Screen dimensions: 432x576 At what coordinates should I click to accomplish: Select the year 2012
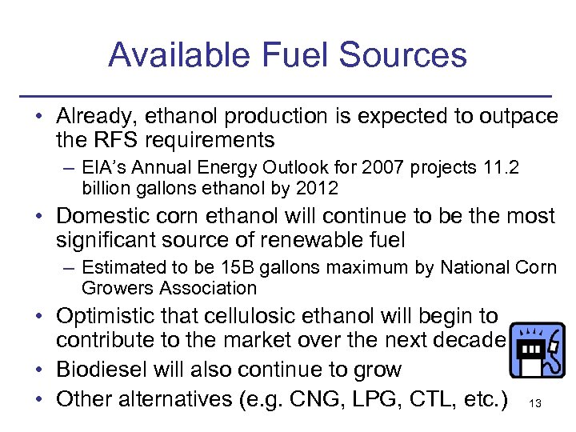[x=318, y=189]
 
